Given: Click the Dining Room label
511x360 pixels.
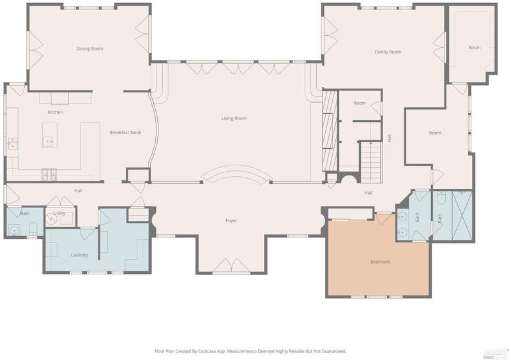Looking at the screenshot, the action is [x=89, y=49].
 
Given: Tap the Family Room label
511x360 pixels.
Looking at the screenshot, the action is [x=388, y=52].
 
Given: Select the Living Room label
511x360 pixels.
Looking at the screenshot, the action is [x=234, y=118].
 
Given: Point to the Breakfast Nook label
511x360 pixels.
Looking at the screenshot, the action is [x=125, y=132].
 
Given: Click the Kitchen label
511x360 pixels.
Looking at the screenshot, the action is [x=55, y=112].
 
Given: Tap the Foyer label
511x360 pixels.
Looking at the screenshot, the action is [x=231, y=221].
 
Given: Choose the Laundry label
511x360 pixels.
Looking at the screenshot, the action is [x=79, y=255].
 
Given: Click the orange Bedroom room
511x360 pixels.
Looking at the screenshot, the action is [x=379, y=257].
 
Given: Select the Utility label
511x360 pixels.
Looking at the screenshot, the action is [x=59, y=213].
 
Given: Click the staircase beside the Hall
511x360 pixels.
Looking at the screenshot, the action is [x=371, y=162].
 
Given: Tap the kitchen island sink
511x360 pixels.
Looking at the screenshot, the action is [x=50, y=142].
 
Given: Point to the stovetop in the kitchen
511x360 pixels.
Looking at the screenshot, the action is [x=49, y=175].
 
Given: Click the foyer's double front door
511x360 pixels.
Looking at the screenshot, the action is [x=231, y=266].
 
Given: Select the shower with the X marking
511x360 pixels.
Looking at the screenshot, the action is [x=462, y=216].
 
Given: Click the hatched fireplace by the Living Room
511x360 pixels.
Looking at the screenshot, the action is [x=330, y=131].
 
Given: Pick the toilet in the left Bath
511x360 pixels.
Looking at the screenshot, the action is [x=33, y=229].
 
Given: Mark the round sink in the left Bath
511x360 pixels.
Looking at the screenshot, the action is [x=14, y=230].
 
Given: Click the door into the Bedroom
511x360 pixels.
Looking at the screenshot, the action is [x=384, y=218].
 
